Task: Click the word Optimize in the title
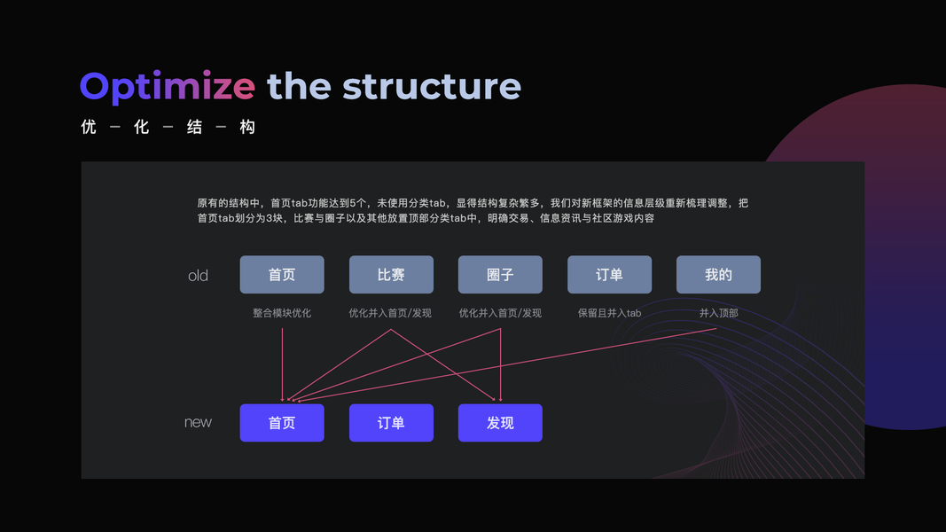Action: [168, 87]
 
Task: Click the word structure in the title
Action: [432, 87]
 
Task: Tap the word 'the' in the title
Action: [299, 87]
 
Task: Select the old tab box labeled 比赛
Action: [391, 275]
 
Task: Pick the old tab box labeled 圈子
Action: [500, 275]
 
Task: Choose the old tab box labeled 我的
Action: [718, 275]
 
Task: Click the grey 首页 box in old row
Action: [282, 275]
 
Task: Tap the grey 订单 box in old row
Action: [609, 275]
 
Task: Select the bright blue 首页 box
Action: [282, 423]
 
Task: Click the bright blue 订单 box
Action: [391, 423]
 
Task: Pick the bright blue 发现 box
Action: [500, 423]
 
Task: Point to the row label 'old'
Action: [198, 276]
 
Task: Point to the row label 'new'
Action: [198, 423]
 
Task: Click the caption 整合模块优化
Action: [282, 313]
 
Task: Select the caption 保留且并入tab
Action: [609, 313]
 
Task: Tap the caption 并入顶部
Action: [718, 313]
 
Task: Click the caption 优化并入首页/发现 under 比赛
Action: [391, 313]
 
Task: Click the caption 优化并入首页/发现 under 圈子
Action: [500, 313]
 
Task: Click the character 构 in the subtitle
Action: [247, 128]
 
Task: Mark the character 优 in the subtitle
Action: [89, 128]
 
